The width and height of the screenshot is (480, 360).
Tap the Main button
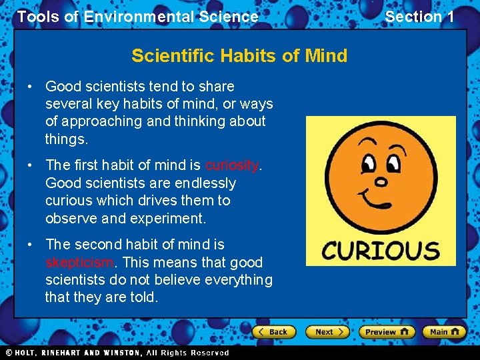[x=444, y=331]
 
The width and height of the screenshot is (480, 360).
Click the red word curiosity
[x=231, y=165]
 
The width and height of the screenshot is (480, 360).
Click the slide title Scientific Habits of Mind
[x=239, y=55]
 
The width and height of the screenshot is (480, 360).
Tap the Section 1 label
[x=419, y=17]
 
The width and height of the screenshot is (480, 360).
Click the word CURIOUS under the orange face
[x=381, y=251]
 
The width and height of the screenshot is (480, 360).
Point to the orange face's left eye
[x=367, y=161]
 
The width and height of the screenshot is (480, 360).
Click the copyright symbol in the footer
[x=9, y=353]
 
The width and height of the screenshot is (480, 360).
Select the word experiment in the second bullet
[x=170, y=218]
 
